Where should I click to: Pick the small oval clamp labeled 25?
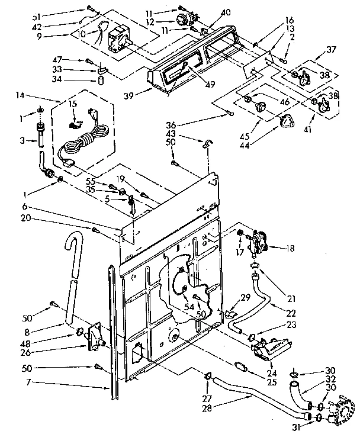(239, 365)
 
